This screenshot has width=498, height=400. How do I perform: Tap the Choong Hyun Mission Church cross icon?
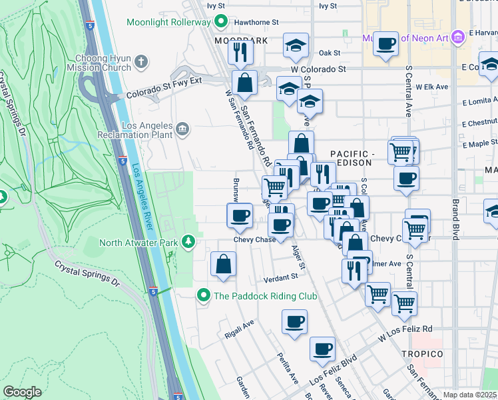(140, 63)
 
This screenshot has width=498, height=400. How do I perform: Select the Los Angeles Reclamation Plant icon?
(182, 128)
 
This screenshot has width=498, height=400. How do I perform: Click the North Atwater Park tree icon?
(189, 242)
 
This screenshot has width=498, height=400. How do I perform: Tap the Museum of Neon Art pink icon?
(457, 37)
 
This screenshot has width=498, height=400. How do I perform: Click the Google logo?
(22, 392)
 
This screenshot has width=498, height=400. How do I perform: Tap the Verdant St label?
(280, 277)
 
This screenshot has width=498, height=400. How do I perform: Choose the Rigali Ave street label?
(240, 328)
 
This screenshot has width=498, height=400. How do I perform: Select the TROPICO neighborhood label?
(422, 353)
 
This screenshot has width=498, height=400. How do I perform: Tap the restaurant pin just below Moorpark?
(240, 51)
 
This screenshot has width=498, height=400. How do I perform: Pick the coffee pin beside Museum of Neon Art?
(385, 44)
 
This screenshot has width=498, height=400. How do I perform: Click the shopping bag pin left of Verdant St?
(223, 263)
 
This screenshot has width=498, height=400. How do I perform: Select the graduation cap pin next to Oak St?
(296, 45)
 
